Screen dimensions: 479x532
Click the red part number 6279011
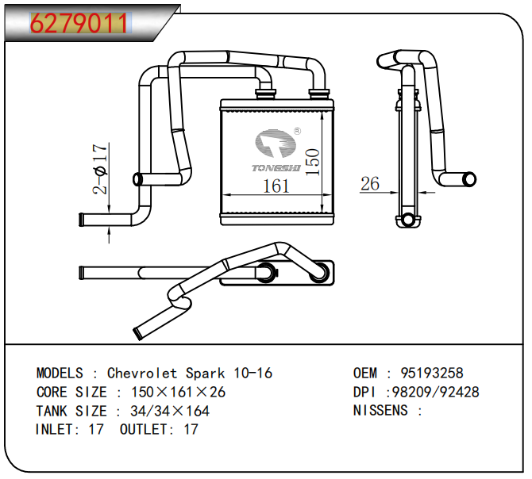(x=79, y=24)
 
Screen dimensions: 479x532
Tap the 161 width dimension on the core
(x=276, y=186)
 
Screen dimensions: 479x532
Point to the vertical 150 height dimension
(x=313, y=162)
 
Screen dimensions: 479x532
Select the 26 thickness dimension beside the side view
(x=370, y=184)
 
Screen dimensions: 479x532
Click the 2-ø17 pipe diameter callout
(x=99, y=169)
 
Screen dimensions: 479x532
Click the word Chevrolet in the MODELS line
(x=143, y=373)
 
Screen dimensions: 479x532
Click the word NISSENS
(x=380, y=410)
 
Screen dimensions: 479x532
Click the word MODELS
(x=60, y=373)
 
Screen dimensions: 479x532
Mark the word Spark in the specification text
(x=206, y=373)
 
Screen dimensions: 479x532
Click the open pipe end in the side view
(x=470, y=179)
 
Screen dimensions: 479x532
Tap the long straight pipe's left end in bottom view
(x=82, y=273)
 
